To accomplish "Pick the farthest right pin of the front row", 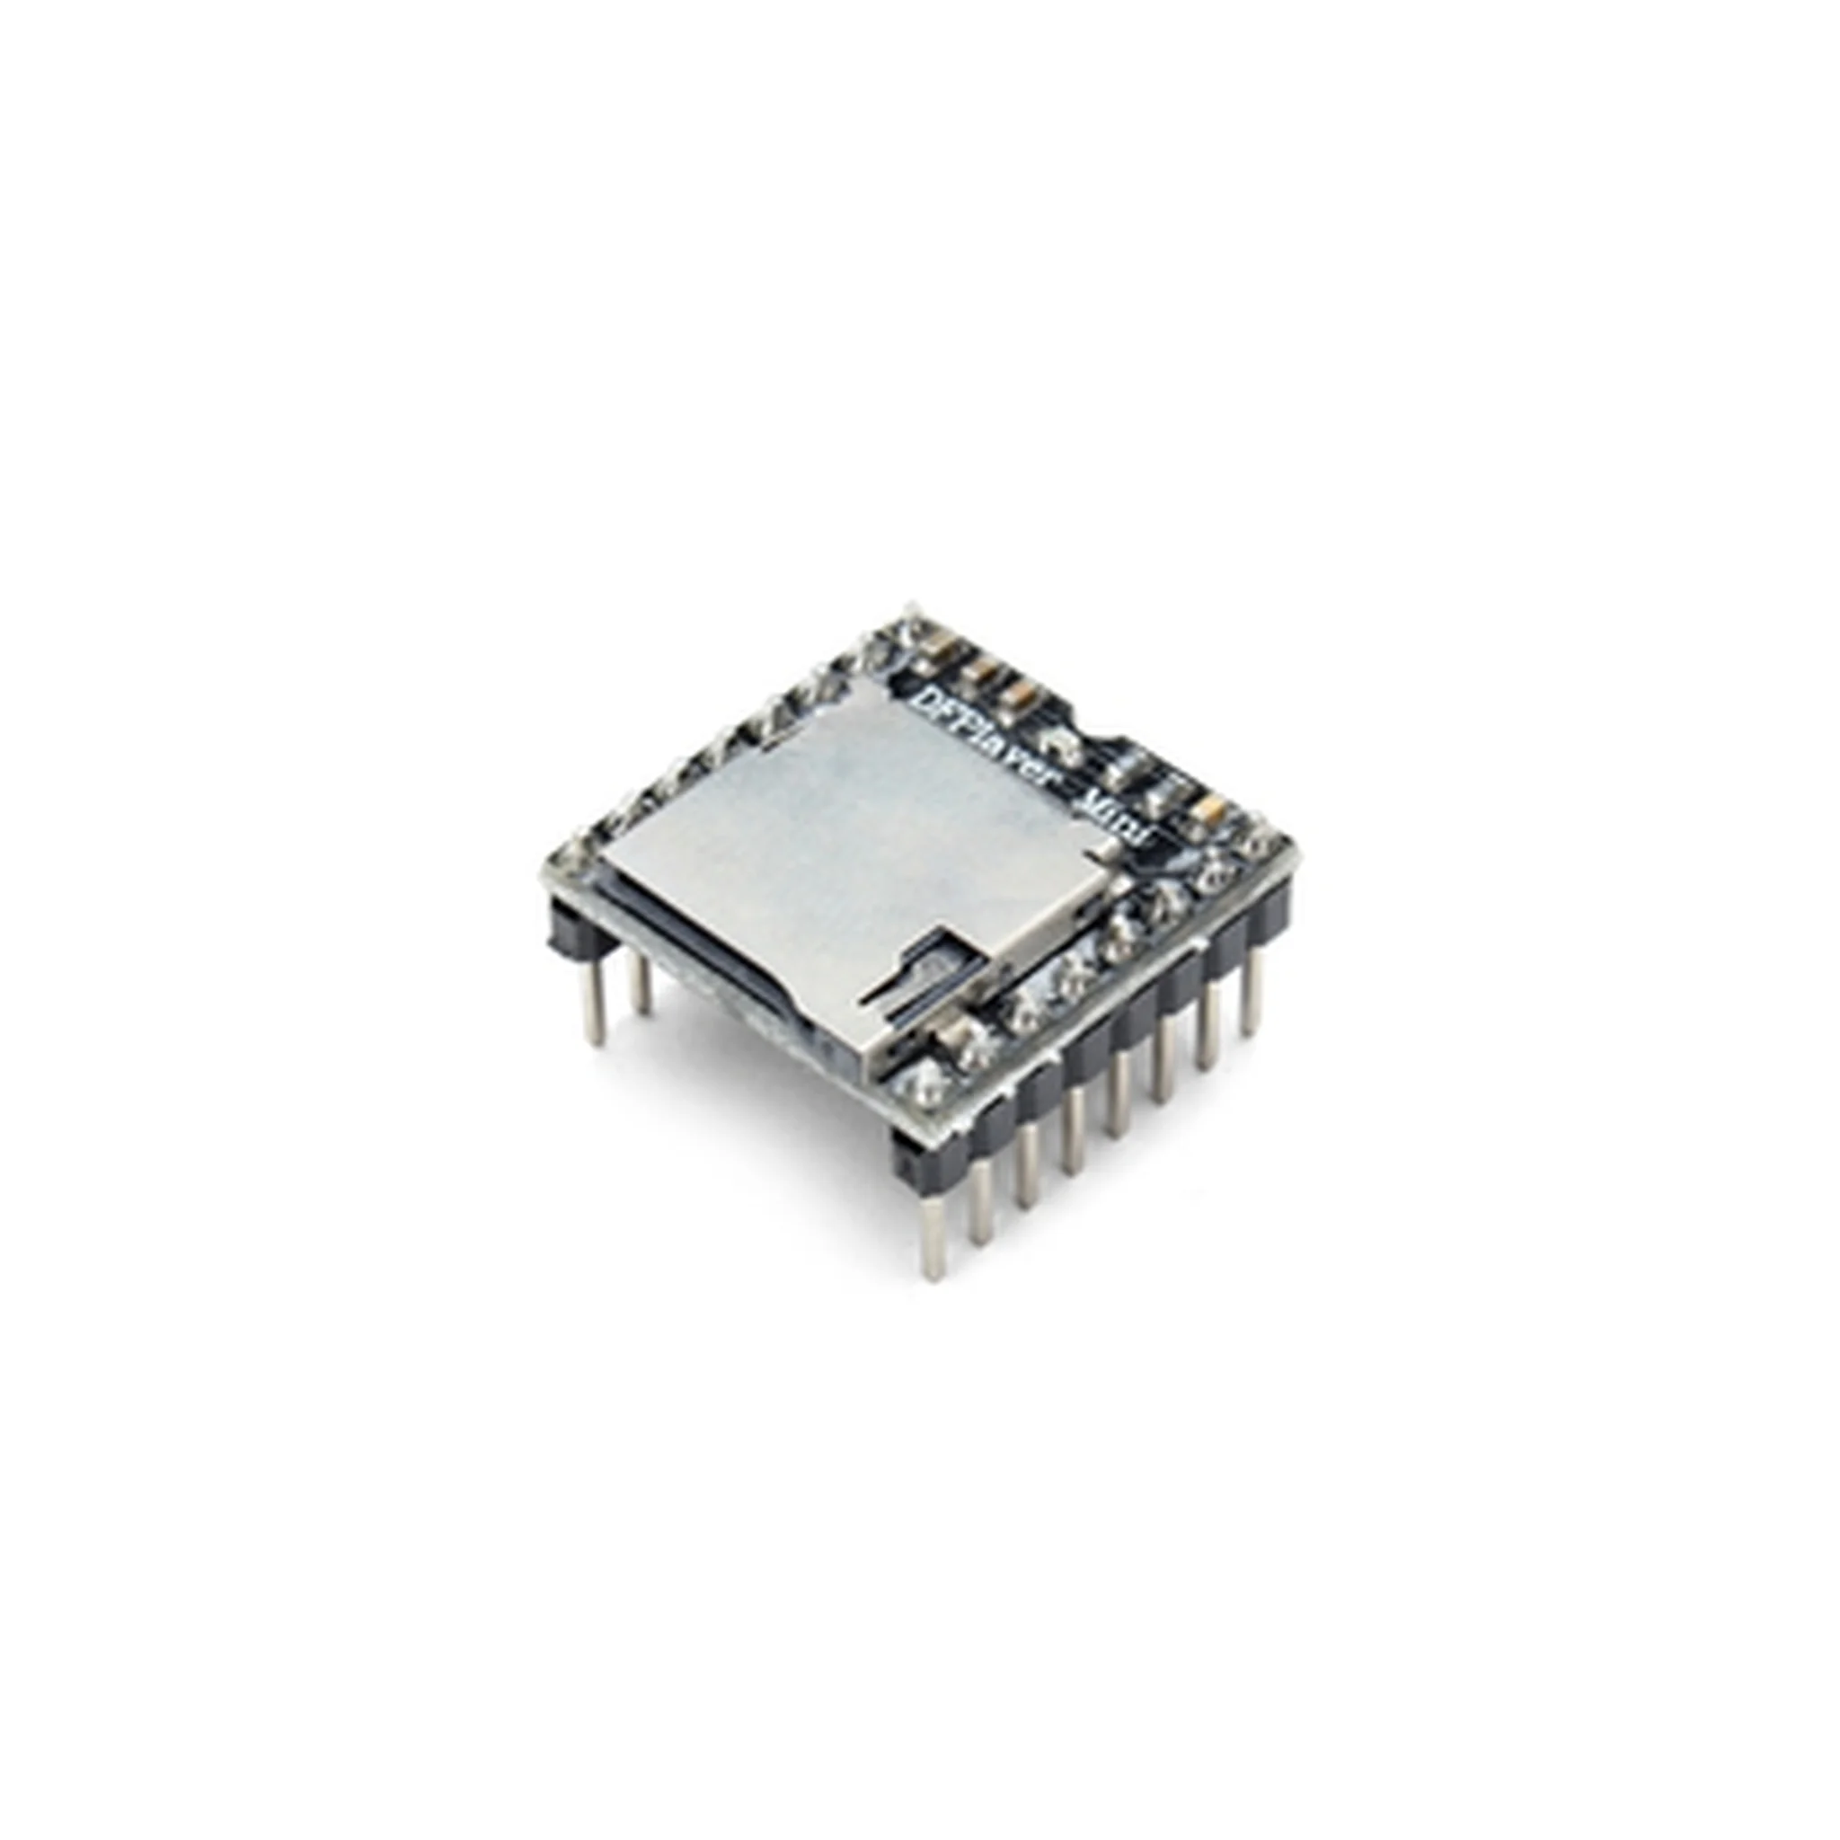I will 1252,995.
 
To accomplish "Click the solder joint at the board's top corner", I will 909,623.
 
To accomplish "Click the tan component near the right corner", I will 1211,809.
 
